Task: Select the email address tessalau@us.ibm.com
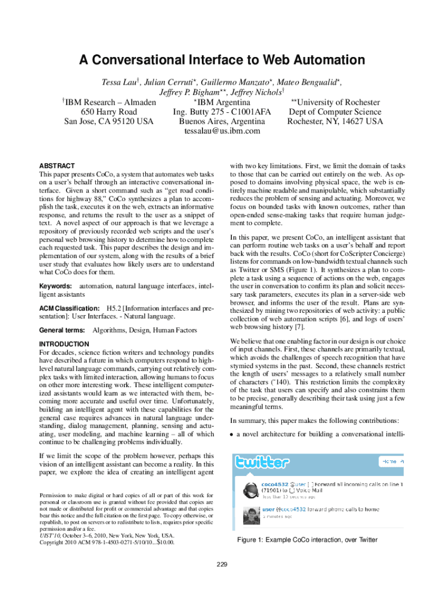(222, 131)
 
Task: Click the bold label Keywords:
(55, 286)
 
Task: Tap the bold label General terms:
(62, 330)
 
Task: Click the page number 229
(222, 563)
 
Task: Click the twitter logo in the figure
(261, 462)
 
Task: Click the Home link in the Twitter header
(389, 462)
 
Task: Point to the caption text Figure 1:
(254, 540)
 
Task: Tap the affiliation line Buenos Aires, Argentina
(222, 122)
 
